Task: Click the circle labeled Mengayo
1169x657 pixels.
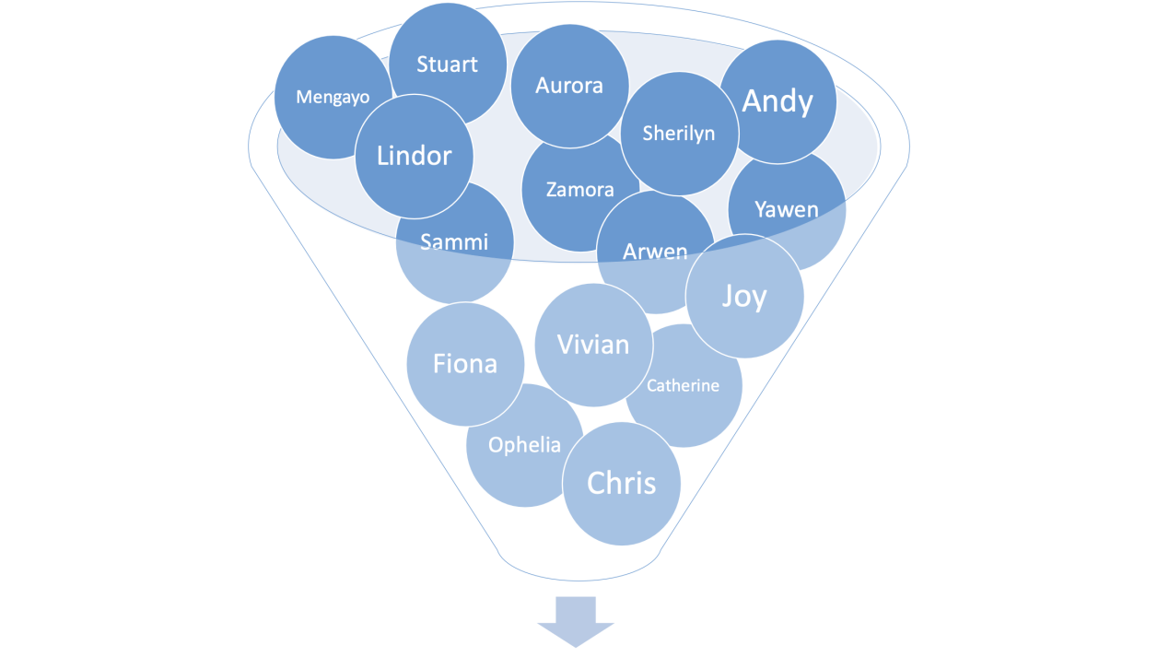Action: click(333, 97)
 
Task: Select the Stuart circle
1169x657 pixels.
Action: click(447, 65)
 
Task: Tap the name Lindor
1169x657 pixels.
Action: click(415, 156)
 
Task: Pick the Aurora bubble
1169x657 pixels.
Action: click(569, 86)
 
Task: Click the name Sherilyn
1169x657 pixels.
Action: click(679, 134)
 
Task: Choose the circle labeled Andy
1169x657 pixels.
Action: click(777, 101)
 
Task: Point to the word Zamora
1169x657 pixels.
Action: click(579, 190)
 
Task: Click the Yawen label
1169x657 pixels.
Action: click(786, 209)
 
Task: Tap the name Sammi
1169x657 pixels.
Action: click(454, 242)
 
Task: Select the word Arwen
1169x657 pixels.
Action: click(655, 252)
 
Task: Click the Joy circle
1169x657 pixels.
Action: click(744, 297)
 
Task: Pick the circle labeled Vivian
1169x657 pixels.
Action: click(593, 345)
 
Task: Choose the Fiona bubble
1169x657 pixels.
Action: click(465, 364)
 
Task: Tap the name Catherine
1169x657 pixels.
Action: click(683, 385)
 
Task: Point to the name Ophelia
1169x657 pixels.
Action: click(524, 445)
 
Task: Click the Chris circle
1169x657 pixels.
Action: click(622, 483)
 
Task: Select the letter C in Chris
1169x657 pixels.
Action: click(596, 483)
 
